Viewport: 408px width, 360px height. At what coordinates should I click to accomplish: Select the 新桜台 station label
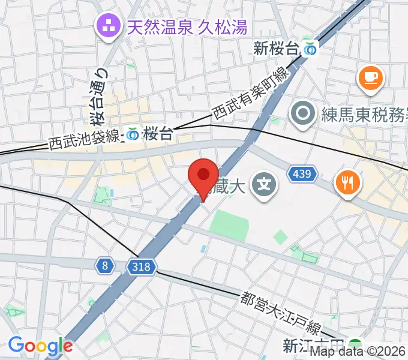pyautogui.click(x=275, y=49)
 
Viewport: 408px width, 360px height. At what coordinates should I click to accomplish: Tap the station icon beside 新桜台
pyautogui.click(x=310, y=49)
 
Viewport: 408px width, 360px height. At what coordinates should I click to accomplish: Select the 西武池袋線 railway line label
pyautogui.click(x=84, y=139)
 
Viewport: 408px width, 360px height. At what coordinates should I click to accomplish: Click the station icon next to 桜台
pyautogui.click(x=133, y=134)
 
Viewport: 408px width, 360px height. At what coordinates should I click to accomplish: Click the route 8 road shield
pyautogui.click(x=105, y=265)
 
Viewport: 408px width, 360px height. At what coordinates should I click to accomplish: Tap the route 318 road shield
pyautogui.click(x=142, y=265)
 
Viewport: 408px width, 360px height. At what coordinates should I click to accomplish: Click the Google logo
pyautogui.click(x=40, y=345)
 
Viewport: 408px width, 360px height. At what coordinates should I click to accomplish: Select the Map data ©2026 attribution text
pyautogui.click(x=358, y=352)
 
